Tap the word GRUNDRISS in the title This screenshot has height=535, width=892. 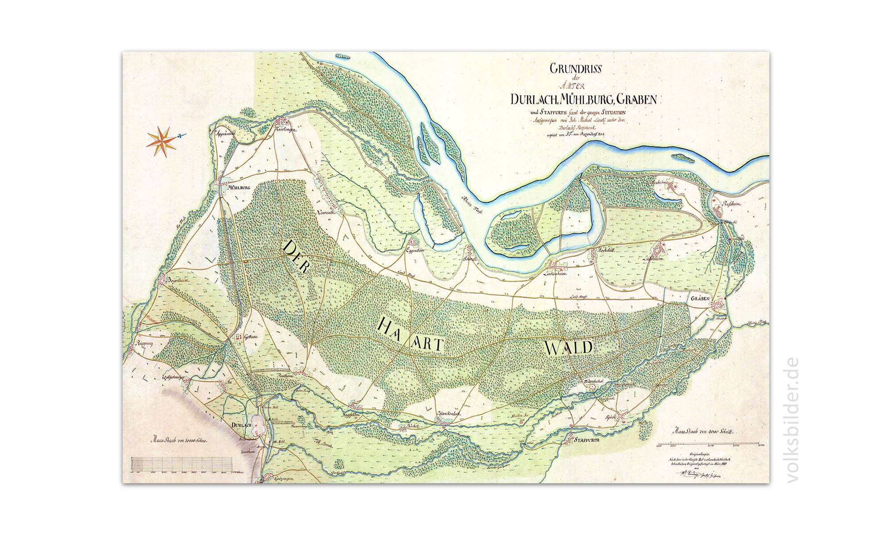(576, 69)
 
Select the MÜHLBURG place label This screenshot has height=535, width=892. (238, 188)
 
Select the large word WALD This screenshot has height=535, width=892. (568, 347)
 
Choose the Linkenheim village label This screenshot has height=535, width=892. (555, 274)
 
